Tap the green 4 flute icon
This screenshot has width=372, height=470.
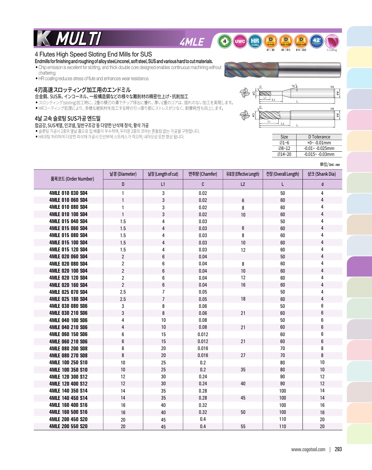tap(225, 41)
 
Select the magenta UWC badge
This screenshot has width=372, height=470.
tap(240, 41)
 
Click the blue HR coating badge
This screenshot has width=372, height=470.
tap(255, 41)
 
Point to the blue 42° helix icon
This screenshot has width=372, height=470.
tap(316, 41)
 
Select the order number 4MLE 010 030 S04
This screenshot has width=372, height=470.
tap(68, 193)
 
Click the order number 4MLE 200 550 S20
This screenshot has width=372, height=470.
tap(68, 426)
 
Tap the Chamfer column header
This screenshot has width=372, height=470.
tap(203, 174)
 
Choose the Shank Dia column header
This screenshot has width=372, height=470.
tap(322, 174)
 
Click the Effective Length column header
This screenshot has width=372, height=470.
tap(243, 174)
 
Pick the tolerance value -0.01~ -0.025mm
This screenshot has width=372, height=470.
tap(319, 149)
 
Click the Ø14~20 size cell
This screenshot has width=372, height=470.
tap(284, 154)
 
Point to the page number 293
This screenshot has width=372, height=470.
tap(338, 449)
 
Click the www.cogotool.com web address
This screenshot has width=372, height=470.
tap(308, 449)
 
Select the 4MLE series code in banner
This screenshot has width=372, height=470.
tap(192, 42)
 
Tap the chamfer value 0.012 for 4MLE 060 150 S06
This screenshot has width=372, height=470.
tap(203, 334)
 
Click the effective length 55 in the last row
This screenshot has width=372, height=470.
tap(243, 426)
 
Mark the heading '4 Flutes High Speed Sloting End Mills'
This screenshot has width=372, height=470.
tap(93, 54)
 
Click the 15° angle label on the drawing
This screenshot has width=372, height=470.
tap(294, 86)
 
